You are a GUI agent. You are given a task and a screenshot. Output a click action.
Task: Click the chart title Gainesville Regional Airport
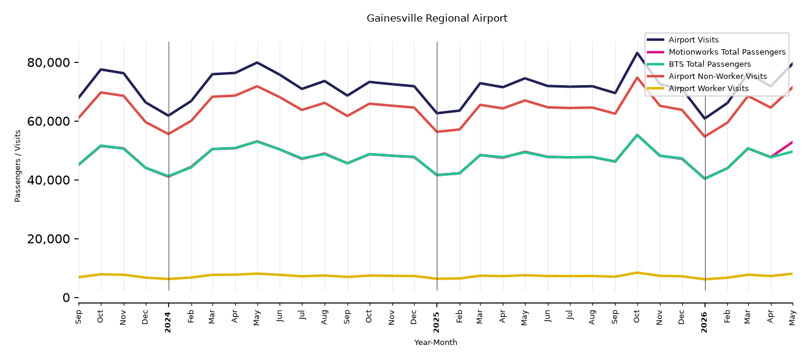pyautogui.click(x=437, y=18)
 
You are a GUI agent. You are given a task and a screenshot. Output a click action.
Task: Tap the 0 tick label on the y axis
pyautogui.click(x=66, y=298)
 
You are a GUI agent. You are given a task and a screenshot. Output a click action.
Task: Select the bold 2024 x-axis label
pyautogui.click(x=168, y=322)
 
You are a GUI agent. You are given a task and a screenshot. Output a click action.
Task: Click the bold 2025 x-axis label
pyautogui.click(x=436, y=322)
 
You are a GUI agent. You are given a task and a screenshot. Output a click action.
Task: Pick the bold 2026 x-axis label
pyautogui.click(x=704, y=322)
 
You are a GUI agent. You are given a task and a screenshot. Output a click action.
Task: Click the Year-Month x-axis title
pyautogui.click(x=436, y=342)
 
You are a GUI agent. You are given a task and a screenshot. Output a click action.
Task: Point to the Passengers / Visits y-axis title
pyautogui.click(x=18, y=166)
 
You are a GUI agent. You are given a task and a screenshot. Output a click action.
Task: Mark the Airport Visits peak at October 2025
pyautogui.click(x=637, y=53)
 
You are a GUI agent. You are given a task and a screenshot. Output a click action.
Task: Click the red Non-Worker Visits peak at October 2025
pyautogui.click(x=637, y=77)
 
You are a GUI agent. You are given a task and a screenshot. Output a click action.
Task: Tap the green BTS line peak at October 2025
pyautogui.click(x=637, y=135)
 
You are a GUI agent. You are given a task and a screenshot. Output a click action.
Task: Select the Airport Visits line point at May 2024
pyautogui.click(x=257, y=62)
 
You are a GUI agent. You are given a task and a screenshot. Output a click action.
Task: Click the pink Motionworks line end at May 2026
pyautogui.click(x=792, y=142)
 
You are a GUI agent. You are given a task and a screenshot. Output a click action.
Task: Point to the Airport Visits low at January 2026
pyautogui.click(x=705, y=118)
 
